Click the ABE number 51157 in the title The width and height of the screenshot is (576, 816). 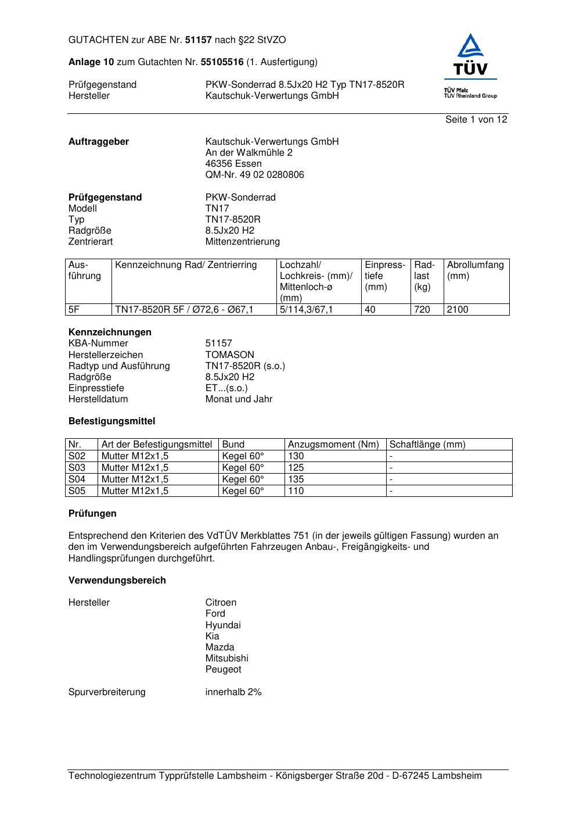[x=199, y=40]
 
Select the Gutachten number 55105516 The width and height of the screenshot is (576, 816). [x=222, y=62]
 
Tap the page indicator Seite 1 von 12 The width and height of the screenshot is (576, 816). [x=476, y=120]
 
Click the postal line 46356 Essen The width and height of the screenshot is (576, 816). [x=233, y=164]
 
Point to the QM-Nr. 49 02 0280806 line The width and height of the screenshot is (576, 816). [x=254, y=175]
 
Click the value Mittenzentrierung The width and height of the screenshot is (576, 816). [x=242, y=242]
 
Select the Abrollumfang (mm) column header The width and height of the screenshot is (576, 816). [x=475, y=270]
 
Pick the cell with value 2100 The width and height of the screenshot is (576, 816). [x=457, y=310]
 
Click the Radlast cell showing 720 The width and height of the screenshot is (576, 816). [x=422, y=310]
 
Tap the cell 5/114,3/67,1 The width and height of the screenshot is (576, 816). [x=306, y=310]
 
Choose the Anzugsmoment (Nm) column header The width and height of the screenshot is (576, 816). [x=333, y=445]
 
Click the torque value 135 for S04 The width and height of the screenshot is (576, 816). [x=296, y=479]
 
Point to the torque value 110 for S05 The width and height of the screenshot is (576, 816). [x=296, y=491]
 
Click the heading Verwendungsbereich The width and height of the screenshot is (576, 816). [x=117, y=581]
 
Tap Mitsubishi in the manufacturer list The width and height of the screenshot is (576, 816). [x=226, y=658]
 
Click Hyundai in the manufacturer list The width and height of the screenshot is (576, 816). [x=222, y=625]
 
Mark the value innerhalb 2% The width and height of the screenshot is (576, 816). [x=233, y=692]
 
